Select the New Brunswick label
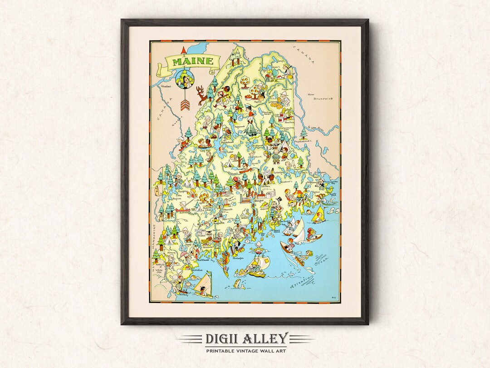(x=317, y=97)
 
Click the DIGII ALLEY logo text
(x=245, y=338)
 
